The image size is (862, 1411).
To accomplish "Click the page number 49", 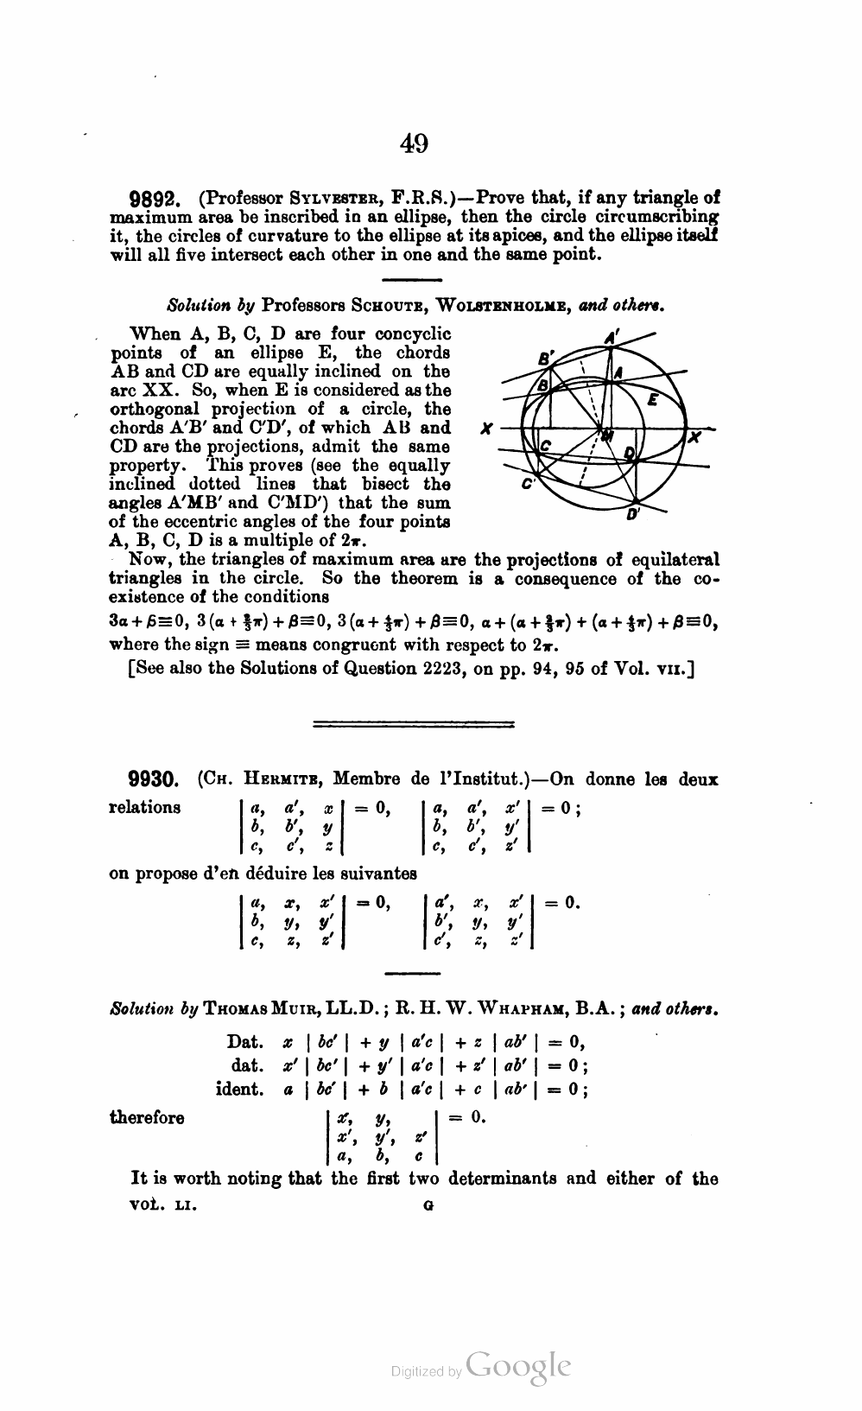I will point(414,143).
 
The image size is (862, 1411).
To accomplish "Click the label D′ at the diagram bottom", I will point(633,515).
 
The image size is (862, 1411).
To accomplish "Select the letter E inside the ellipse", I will point(653,400).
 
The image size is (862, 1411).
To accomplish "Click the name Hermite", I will point(278,779).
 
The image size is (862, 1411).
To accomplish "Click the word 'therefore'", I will point(147,1118).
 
